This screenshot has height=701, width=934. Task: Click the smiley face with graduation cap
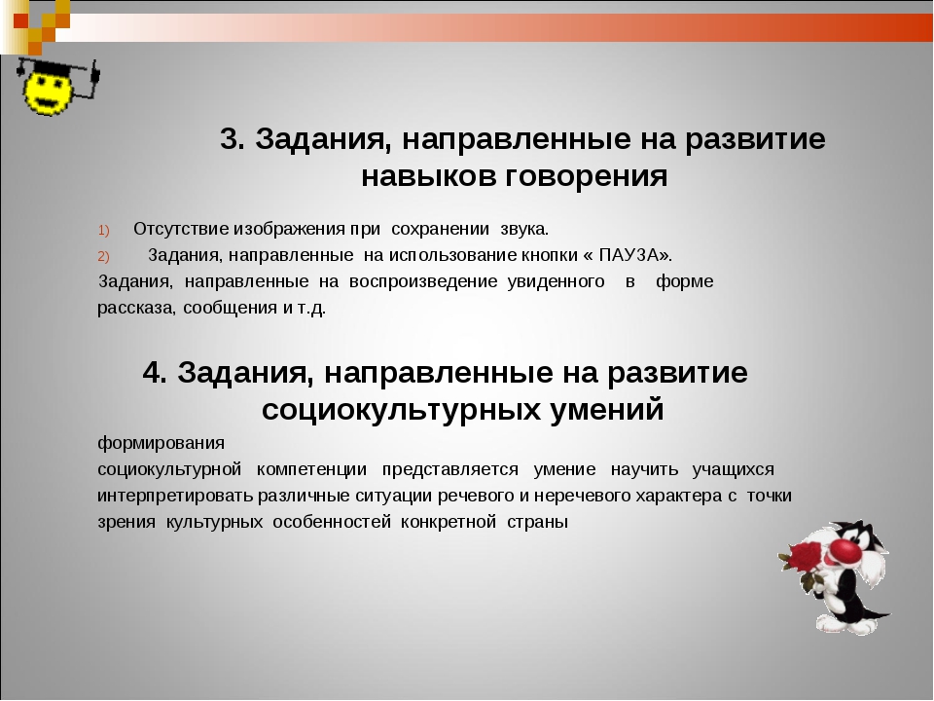coord(57,87)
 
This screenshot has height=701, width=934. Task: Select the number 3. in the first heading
coord(233,139)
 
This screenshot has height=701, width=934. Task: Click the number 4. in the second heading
coord(155,373)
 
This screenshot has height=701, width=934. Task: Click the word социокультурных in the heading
coord(400,410)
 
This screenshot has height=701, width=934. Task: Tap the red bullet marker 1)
coord(104,230)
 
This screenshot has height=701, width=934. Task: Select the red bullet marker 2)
coord(104,256)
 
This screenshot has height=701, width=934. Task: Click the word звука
coord(524,229)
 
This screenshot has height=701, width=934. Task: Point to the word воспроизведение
coord(423,281)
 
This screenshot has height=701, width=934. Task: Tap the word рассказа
coord(136,309)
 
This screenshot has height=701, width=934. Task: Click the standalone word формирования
coord(161,444)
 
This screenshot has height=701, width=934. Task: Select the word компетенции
coord(311,469)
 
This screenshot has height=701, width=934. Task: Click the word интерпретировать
coord(175,496)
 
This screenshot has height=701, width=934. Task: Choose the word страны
coord(537,522)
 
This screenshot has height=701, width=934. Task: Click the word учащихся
coord(733,469)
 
